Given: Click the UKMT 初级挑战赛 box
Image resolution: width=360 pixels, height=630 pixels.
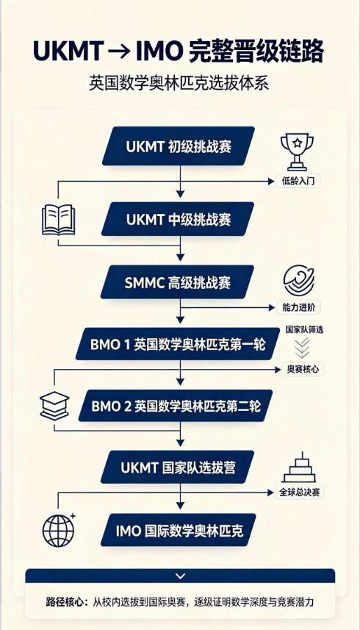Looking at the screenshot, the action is tap(179, 146).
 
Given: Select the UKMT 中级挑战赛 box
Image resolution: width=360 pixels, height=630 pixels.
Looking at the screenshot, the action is tap(178, 219).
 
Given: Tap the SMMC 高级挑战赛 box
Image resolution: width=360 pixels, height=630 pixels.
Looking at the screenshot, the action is tap(177, 282).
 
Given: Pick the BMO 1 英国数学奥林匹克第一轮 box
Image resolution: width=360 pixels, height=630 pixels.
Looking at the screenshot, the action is tap(178, 344).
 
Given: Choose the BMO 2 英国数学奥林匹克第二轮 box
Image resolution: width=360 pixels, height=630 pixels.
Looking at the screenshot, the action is tap(176, 406).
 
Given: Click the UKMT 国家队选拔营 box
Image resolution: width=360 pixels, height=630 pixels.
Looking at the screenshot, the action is tap(177, 468).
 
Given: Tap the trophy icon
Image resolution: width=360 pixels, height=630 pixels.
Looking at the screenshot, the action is tap(297, 152).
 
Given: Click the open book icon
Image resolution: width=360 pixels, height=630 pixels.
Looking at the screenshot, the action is tap(59, 219).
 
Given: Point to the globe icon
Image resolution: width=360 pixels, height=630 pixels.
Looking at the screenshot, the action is tap(59, 530).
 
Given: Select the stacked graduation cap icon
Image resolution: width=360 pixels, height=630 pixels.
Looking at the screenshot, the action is tap(54, 405).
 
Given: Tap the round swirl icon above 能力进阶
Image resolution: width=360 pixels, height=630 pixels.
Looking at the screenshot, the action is tap(299, 280).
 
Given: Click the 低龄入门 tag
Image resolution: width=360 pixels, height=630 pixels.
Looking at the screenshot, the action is tap(298, 181).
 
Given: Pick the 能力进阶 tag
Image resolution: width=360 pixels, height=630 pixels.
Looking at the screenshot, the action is tap(299, 308).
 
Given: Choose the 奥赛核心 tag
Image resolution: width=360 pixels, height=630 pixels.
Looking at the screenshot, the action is tap(302, 369).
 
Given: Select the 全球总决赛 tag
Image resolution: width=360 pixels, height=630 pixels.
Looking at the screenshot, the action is tap(299, 493).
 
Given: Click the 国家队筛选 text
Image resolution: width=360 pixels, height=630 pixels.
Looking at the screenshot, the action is tap(305, 330).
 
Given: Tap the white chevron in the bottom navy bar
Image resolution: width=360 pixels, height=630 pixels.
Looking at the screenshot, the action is tap(181, 576).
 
